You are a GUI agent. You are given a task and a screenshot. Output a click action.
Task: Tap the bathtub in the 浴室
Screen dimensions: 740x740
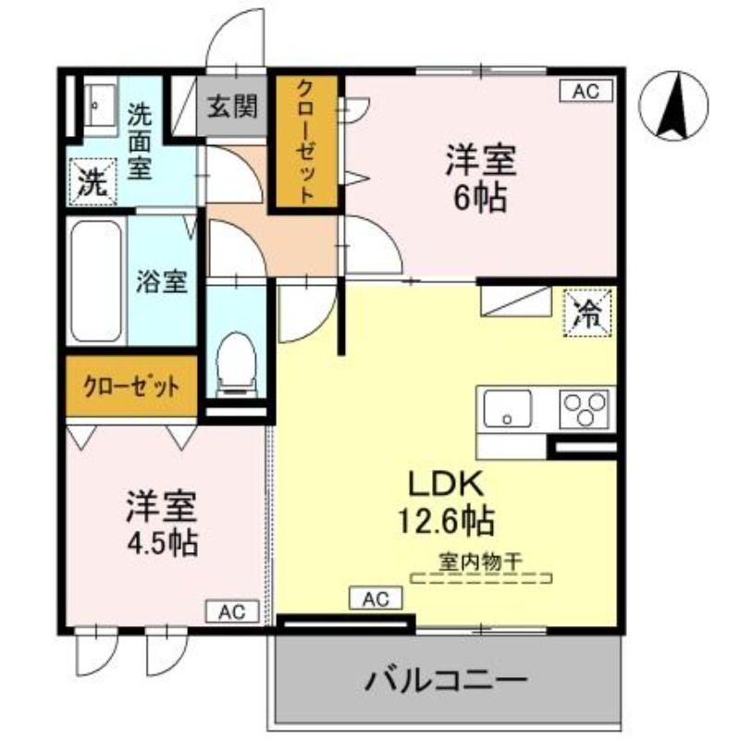pyautogui.click(x=97, y=281)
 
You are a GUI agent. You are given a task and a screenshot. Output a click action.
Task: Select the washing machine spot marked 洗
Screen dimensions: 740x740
pyautogui.click(x=92, y=182)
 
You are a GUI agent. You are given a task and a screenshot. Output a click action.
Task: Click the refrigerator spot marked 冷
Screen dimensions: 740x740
pyautogui.click(x=588, y=312)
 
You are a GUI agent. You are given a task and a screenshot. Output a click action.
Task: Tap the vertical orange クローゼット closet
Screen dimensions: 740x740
pyautogui.click(x=303, y=141)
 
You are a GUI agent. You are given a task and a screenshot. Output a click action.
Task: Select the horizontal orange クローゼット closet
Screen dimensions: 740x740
pyautogui.click(x=130, y=384)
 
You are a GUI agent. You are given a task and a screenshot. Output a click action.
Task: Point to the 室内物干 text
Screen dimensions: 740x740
pyautogui.click(x=482, y=561)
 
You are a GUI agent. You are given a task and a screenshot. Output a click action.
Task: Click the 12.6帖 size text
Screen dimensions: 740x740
pyautogui.click(x=445, y=521)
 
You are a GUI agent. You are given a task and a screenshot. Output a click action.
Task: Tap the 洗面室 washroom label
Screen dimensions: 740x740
pyautogui.click(x=141, y=143)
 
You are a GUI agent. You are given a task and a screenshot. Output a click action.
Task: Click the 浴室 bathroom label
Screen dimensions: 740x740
pyautogui.click(x=162, y=281)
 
